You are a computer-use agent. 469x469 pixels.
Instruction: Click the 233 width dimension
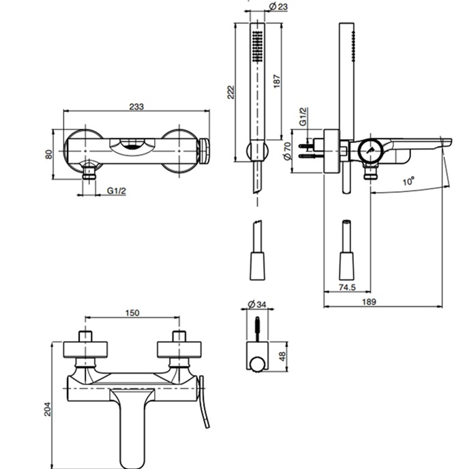(x=136, y=106)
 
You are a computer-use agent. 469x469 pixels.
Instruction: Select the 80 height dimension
(x=48, y=153)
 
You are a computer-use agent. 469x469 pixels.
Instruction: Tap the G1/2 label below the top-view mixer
(x=117, y=192)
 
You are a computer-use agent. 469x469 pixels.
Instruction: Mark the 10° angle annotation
(x=408, y=182)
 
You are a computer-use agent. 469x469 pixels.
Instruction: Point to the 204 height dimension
(x=48, y=408)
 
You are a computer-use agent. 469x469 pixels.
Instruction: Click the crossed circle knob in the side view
(x=370, y=151)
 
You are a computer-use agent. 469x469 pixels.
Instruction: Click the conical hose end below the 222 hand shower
(x=256, y=262)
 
